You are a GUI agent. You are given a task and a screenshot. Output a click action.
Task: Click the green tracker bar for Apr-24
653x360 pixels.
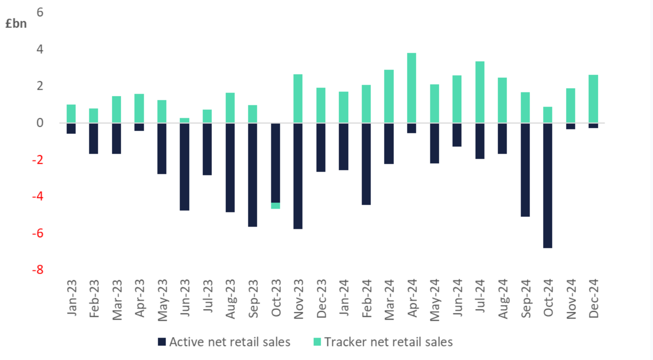tap(411, 88)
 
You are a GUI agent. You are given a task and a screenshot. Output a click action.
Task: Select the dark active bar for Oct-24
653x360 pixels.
tap(548, 185)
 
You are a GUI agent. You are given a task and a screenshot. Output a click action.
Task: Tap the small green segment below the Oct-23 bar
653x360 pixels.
tap(275, 206)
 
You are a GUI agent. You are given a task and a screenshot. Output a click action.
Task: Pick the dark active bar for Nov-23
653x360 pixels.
tap(298, 176)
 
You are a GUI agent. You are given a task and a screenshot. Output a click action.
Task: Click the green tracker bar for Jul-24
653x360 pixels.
tap(480, 92)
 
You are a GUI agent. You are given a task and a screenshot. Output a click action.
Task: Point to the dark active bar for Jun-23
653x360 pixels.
tap(184, 167)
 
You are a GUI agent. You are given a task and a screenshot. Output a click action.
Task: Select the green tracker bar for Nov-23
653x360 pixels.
tap(298, 98)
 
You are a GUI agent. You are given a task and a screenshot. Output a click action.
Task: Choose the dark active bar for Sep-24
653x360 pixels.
tap(525, 170)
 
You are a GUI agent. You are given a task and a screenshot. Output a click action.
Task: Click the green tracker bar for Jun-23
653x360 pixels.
tap(184, 120)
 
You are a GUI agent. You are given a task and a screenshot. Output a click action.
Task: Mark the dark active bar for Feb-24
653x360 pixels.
tap(366, 164)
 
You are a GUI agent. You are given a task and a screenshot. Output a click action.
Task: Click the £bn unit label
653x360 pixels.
tap(16, 24)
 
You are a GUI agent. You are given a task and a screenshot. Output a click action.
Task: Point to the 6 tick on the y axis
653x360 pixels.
tap(40, 12)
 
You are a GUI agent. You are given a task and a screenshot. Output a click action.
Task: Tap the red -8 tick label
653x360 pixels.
tap(38, 270)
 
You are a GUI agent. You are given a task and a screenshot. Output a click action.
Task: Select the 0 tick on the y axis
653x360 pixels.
tap(40, 123)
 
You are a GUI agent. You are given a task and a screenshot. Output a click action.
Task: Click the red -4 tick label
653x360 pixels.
tap(38, 196)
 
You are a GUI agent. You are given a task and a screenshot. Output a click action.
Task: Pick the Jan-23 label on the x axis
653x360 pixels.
tap(72, 298)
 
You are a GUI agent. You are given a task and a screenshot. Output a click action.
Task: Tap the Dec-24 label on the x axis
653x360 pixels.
tap(593, 298)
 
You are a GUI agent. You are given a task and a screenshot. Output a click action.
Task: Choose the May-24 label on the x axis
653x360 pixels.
tap(435, 300)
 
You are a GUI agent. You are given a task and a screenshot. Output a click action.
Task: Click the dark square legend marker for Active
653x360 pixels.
tap(162, 342)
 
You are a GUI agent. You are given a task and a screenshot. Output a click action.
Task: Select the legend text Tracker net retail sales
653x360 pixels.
tap(389, 342)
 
